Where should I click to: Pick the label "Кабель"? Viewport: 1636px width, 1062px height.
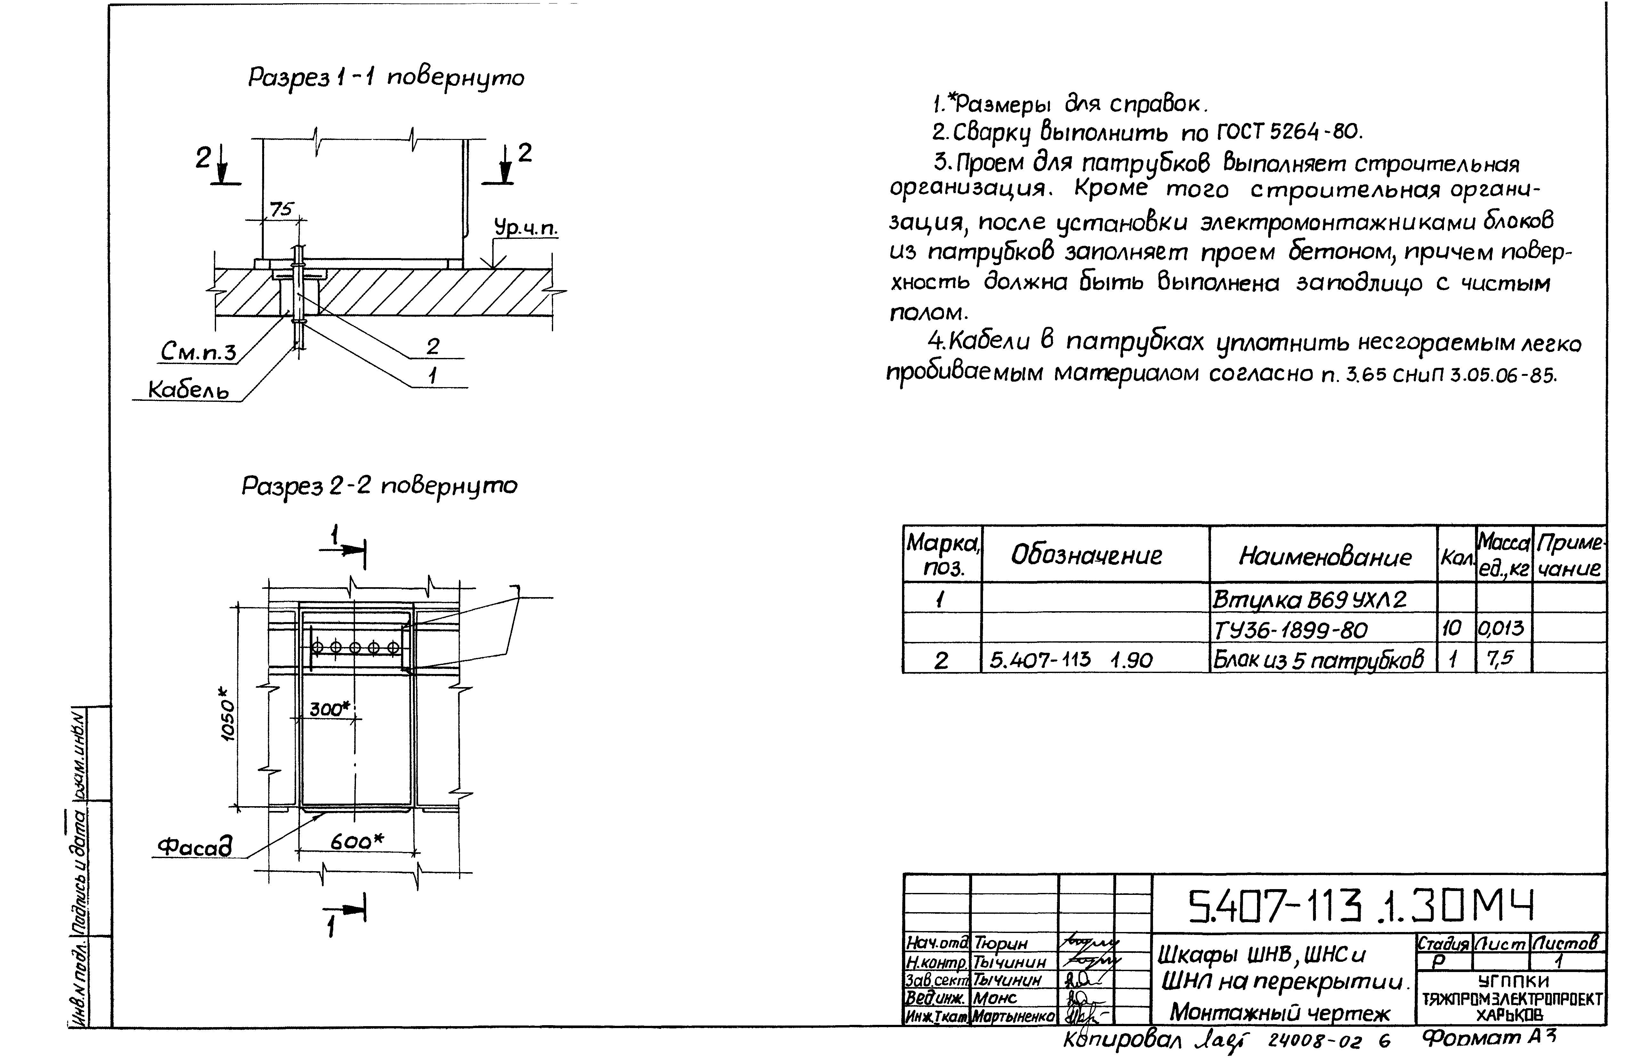coord(188,390)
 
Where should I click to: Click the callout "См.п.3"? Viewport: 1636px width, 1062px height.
coord(198,352)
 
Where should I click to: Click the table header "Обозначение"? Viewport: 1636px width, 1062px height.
coord(1086,555)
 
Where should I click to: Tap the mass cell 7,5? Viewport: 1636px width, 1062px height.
coord(1500,659)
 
